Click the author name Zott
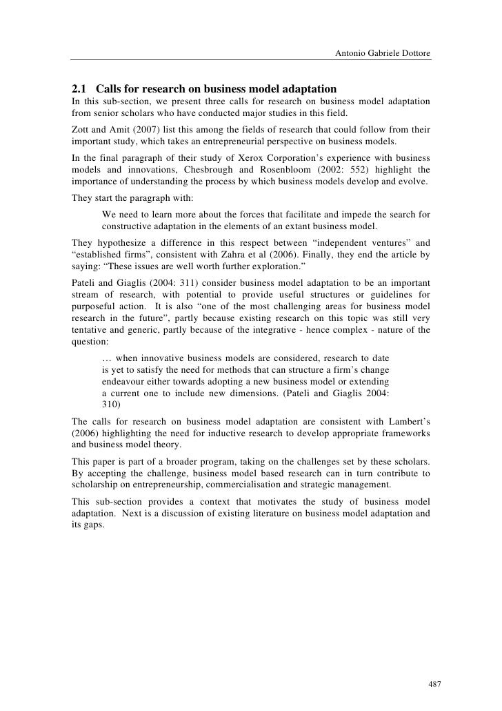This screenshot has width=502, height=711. pyautogui.click(x=82, y=129)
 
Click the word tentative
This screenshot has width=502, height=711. pyautogui.click(x=90, y=330)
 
